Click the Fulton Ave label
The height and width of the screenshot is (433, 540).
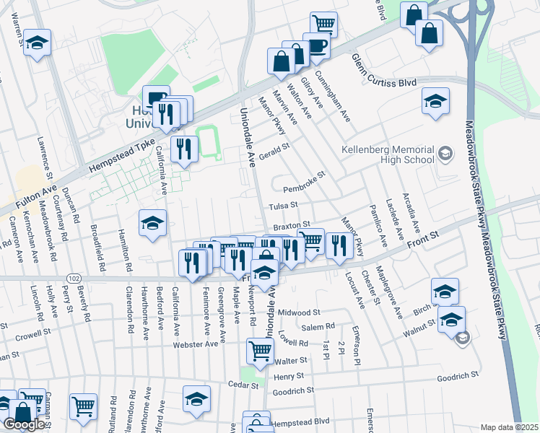[x=29, y=199]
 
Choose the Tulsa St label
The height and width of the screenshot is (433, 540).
[x=284, y=206]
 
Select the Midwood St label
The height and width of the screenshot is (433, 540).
[x=299, y=312]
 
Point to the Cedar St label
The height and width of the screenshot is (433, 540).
[x=243, y=385]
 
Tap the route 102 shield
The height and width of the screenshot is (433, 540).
[x=73, y=277]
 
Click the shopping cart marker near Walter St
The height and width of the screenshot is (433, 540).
[x=260, y=351]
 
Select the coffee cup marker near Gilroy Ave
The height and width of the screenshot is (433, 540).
[x=316, y=45]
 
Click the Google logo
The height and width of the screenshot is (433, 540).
[x=24, y=424]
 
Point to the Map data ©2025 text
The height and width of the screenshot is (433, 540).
[x=510, y=427]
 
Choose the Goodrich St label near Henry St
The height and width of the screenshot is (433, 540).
[x=293, y=391]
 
